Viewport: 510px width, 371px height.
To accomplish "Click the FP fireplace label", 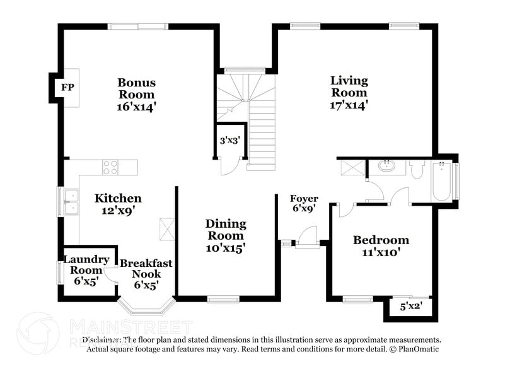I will pyautogui.click(x=66, y=87).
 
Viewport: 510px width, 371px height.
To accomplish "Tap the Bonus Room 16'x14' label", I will pyautogui.click(x=136, y=95).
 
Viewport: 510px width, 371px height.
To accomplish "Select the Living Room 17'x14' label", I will pyautogui.click(x=349, y=93).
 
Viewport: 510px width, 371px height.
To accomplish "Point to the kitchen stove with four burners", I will pyautogui.click(x=110, y=167).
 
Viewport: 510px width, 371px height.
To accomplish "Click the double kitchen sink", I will pyautogui.click(x=71, y=201).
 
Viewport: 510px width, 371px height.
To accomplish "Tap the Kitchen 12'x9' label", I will pyautogui.click(x=118, y=204).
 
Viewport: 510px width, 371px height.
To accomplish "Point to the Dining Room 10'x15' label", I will pyautogui.click(x=226, y=236).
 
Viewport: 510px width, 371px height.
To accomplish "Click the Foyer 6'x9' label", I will pyautogui.click(x=304, y=203).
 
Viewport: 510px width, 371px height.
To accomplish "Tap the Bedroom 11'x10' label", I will pyautogui.click(x=381, y=246).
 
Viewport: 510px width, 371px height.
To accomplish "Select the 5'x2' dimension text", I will pyautogui.click(x=411, y=307).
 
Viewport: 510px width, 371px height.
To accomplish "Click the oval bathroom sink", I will pyautogui.click(x=385, y=167).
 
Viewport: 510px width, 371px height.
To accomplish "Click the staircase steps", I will pyautogui.click(x=262, y=136).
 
